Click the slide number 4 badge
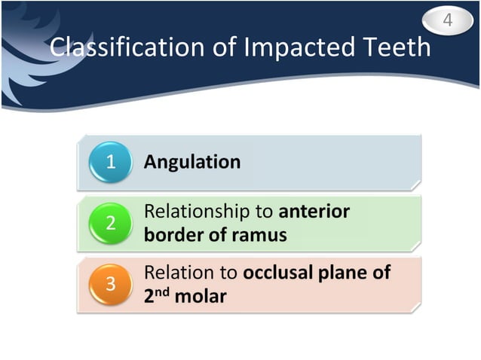(x=447, y=20)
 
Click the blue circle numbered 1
(x=110, y=162)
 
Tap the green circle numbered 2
(x=110, y=223)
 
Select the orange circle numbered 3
(x=110, y=285)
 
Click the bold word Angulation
(x=192, y=162)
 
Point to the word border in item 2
(x=171, y=235)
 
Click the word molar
(x=200, y=297)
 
